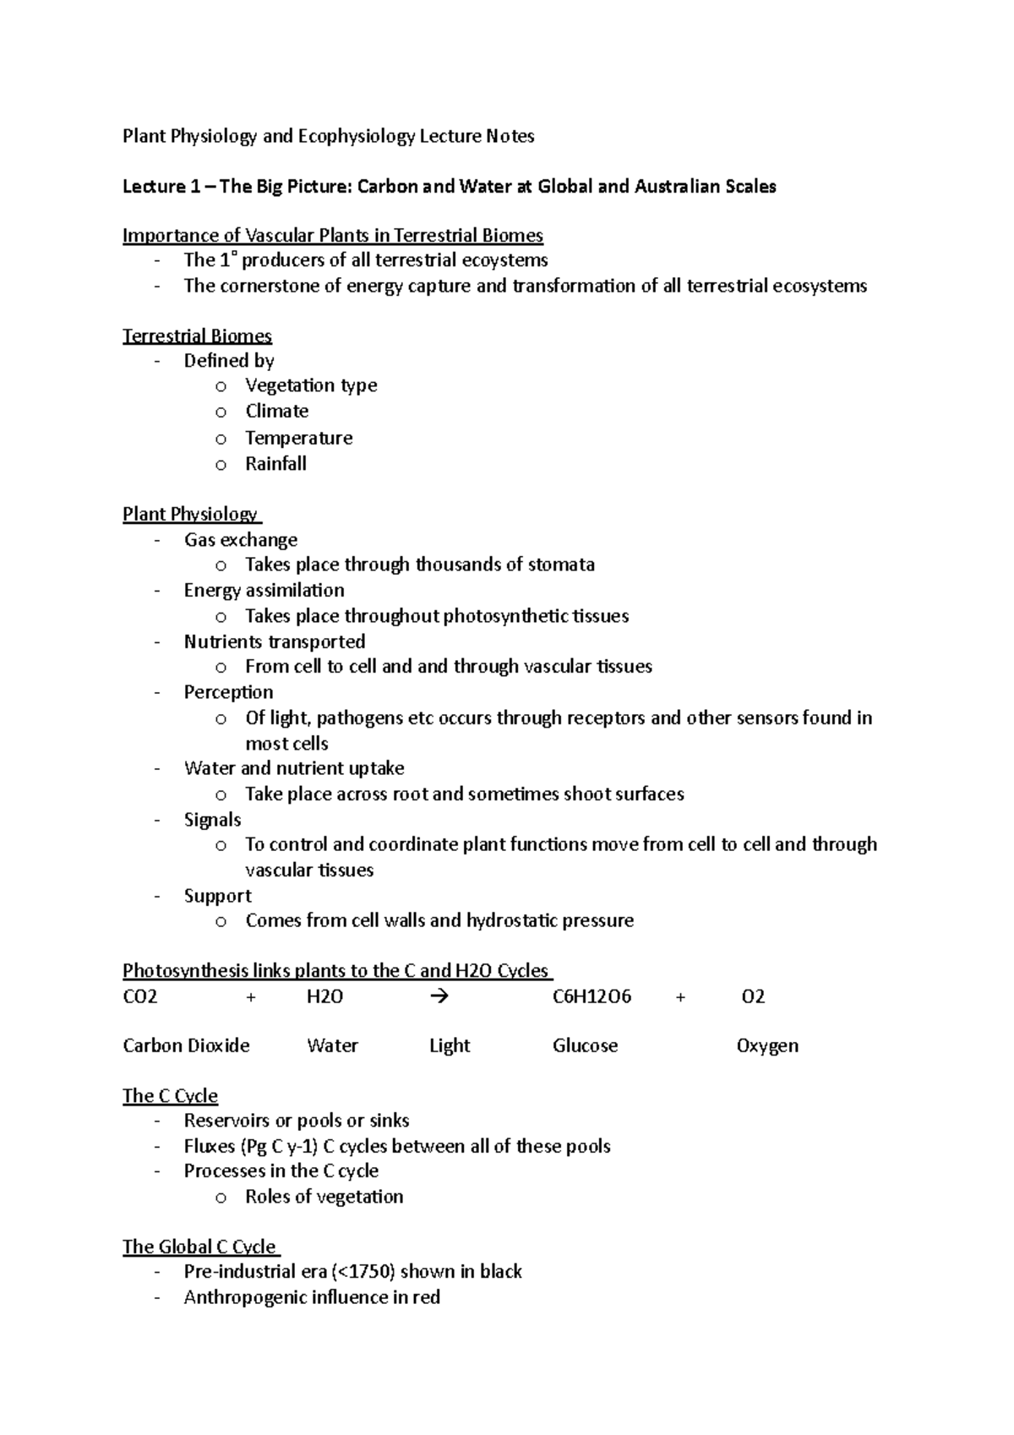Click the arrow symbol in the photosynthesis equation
(x=439, y=996)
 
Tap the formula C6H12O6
(x=591, y=996)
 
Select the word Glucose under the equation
(x=585, y=1046)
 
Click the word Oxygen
(x=767, y=1046)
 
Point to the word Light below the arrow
(x=449, y=1046)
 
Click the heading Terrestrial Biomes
(x=197, y=336)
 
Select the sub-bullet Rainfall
(x=275, y=464)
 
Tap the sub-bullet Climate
(x=276, y=412)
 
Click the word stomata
(x=561, y=565)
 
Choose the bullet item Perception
(x=228, y=692)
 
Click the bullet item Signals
(x=212, y=820)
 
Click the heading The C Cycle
(x=170, y=1096)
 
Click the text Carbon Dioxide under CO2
(x=186, y=1046)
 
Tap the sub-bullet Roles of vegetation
(x=324, y=1197)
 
